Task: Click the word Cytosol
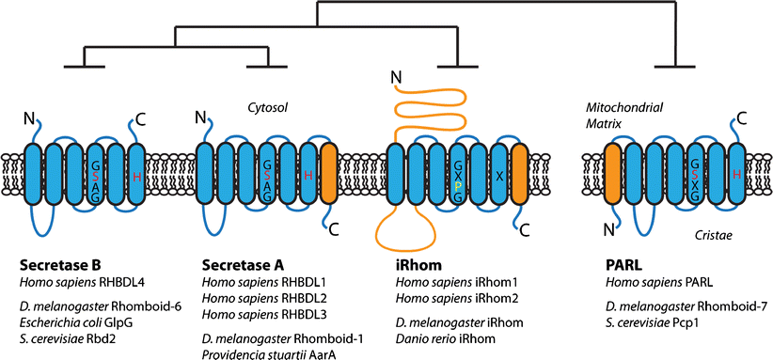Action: [x=265, y=108]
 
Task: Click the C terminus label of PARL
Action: [x=742, y=118]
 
